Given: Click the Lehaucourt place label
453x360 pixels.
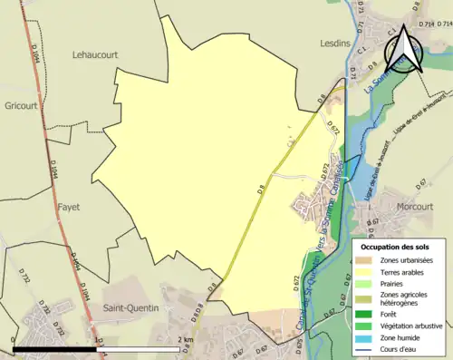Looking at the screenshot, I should [x=95, y=54].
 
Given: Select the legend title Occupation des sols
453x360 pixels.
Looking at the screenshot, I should [x=395, y=247].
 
